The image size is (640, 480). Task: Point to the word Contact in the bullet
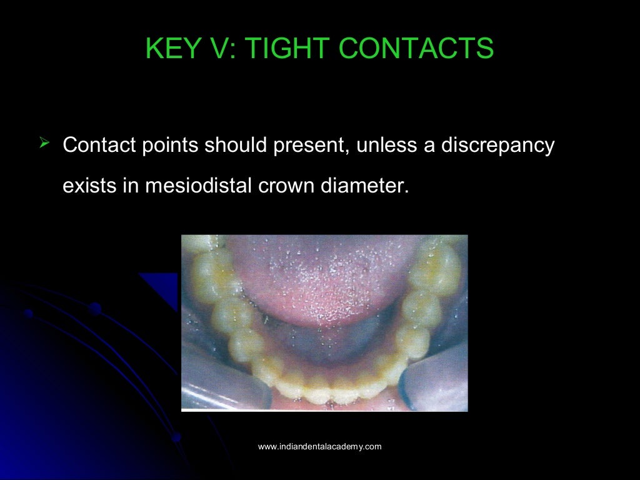(100, 146)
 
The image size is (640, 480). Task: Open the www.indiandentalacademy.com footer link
(319, 446)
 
